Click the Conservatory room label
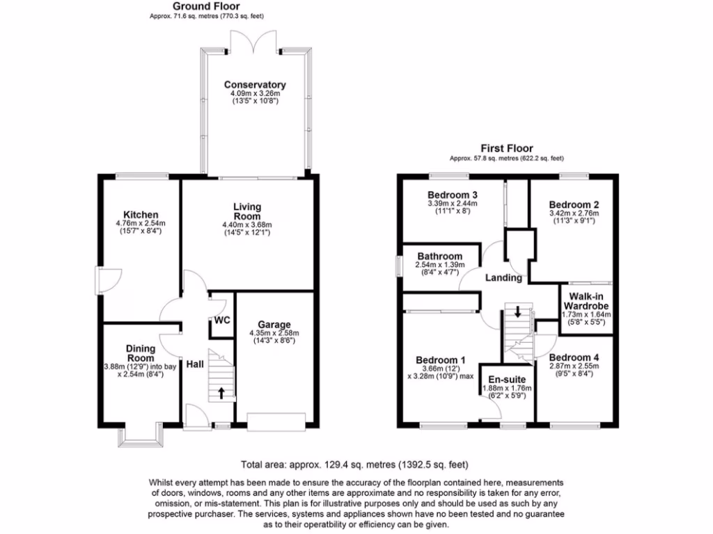[254, 85]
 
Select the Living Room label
[247, 211]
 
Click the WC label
[221, 321]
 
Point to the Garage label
[274, 324]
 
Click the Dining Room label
[141, 353]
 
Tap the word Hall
[195, 364]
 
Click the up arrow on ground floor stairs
[221, 393]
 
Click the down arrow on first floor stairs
[517, 311]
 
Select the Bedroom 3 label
[453, 194]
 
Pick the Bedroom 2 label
[574, 204]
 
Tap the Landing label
[503, 277]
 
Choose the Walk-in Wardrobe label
[586, 301]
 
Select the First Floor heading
[507, 148]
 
